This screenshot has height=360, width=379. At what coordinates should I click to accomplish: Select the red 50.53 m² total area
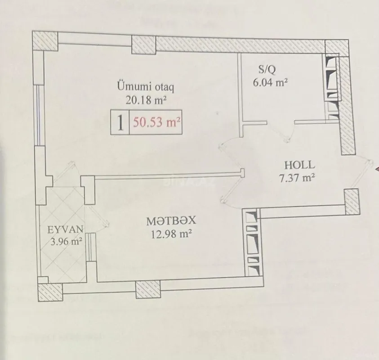coord(156,122)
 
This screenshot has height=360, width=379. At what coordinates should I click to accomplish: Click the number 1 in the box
coord(120,122)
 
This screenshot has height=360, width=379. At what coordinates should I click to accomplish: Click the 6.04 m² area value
coord(270,83)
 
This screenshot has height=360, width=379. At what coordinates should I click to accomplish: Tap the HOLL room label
coord(299,165)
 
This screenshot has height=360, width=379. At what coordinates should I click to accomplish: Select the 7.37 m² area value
coord(296,178)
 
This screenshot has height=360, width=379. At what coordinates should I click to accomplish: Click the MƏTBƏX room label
coord(171,221)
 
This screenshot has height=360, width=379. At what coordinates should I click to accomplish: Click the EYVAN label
coord(62,229)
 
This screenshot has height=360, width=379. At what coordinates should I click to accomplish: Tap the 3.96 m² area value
coord(66,242)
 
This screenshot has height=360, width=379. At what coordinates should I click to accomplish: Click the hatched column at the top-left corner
coord(46,41)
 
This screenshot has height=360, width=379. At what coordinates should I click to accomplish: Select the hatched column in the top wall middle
coord(143,45)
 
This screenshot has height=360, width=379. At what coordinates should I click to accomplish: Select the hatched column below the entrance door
coord(352,201)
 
